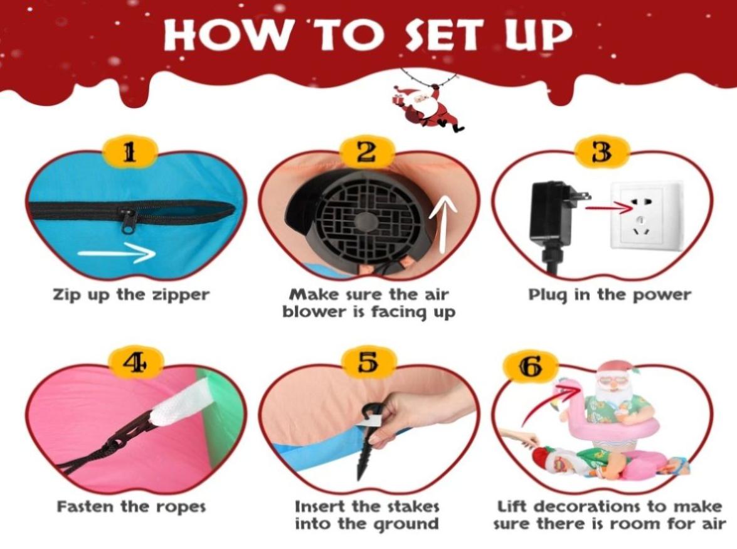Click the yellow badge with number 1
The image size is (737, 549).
click(x=129, y=151)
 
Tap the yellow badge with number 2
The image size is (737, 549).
click(x=367, y=151)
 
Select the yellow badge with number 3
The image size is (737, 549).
click(x=603, y=151)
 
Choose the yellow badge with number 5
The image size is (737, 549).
click(x=368, y=363)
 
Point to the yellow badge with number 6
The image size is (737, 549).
click(x=530, y=366)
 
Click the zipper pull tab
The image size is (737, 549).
click(x=129, y=221)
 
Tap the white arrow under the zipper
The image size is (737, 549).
click(x=116, y=253)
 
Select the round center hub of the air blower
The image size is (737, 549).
click(x=365, y=221)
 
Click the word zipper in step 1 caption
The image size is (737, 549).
click(x=181, y=296)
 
